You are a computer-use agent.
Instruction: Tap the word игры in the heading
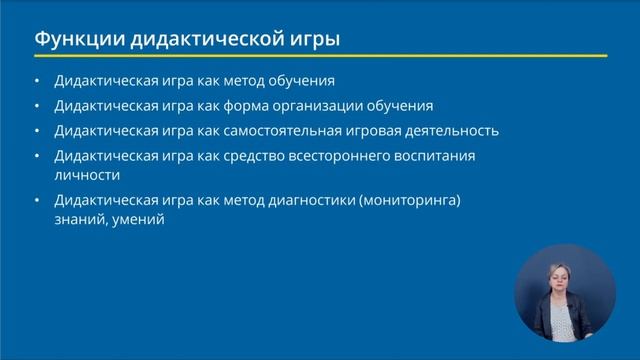(x=312, y=40)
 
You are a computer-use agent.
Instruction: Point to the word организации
(x=331, y=105)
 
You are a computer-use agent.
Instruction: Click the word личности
(x=86, y=174)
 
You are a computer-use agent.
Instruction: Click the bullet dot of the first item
(x=38, y=80)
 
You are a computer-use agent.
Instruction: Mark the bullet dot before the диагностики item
(x=38, y=201)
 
